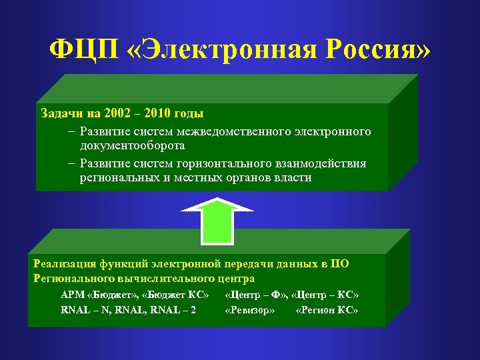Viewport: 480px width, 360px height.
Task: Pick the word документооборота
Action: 132,145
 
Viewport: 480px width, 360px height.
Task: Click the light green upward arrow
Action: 217,220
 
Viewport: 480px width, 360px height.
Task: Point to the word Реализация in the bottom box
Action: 63,263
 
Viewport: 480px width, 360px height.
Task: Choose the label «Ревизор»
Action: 250,310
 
